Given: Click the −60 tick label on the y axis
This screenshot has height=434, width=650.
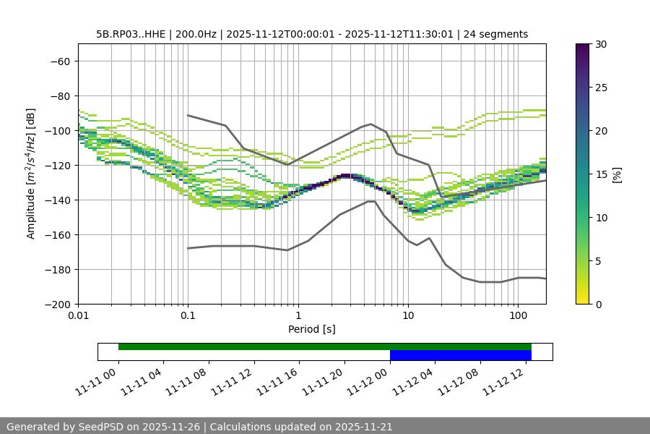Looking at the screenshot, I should (x=60, y=61).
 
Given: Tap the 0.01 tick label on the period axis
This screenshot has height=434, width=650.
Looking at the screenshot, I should (x=78, y=316).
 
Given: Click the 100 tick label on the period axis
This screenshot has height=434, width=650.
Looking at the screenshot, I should (x=518, y=316).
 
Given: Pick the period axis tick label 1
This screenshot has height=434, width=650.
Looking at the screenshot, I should (x=298, y=316).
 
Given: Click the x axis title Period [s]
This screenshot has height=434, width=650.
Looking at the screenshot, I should (x=312, y=329).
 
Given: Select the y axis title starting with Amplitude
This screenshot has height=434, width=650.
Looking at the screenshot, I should (x=31, y=174).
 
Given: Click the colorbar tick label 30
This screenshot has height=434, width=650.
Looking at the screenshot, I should (x=601, y=44).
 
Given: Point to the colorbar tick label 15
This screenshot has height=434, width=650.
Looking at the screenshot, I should (x=601, y=174).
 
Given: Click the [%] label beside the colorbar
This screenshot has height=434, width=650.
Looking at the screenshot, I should (x=617, y=174).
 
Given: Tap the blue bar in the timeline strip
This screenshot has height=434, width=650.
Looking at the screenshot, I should (x=460, y=355).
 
